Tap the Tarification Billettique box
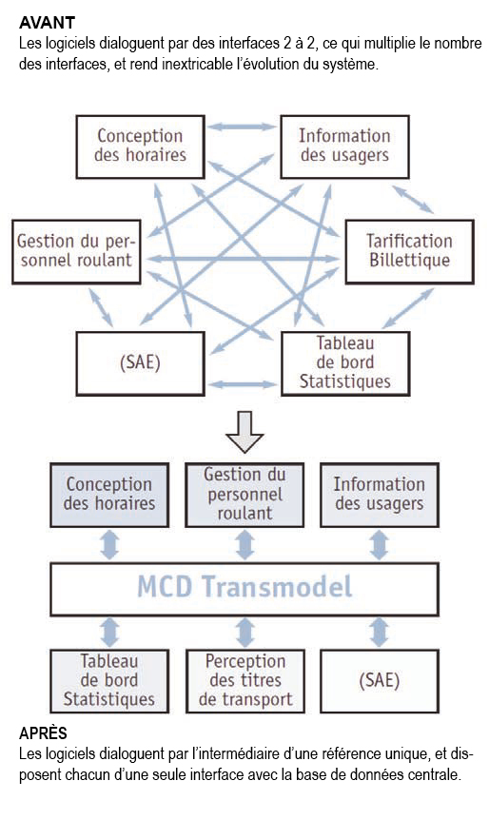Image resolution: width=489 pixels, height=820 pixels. pyautogui.click(x=409, y=252)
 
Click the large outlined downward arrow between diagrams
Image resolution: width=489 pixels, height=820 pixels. pyautogui.click(x=244, y=433)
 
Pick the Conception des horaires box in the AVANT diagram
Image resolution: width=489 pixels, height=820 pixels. pyautogui.click(x=142, y=146)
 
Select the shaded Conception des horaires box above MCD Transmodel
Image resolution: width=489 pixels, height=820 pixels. pyautogui.click(x=109, y=495)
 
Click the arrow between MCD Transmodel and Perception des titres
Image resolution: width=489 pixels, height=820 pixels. pyautogui.click(x=244, y=632)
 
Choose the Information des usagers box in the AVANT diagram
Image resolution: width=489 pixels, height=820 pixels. pyautogui.click(x=344, y=146)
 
